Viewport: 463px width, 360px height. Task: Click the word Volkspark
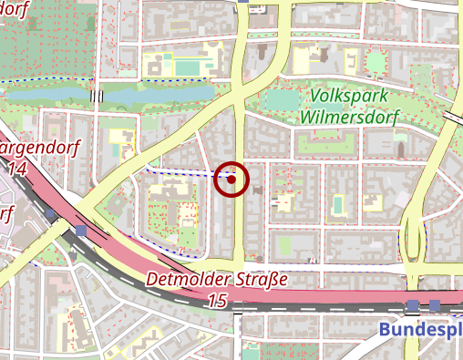(349, 96)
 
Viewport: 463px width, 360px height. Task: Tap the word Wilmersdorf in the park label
(349, 116)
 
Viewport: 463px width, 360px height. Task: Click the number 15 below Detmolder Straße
(217, 300)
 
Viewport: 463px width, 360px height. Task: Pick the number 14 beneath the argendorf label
(17, 169)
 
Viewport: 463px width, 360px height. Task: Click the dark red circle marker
(231, 180)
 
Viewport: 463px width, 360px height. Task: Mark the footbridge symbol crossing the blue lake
(98, 95)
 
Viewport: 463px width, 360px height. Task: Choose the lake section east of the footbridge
(155, 94)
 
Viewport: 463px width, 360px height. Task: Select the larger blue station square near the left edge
(82, 231)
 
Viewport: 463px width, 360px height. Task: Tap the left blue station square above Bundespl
(415, 305)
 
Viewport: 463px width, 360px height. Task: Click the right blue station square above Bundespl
(435, 305)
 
